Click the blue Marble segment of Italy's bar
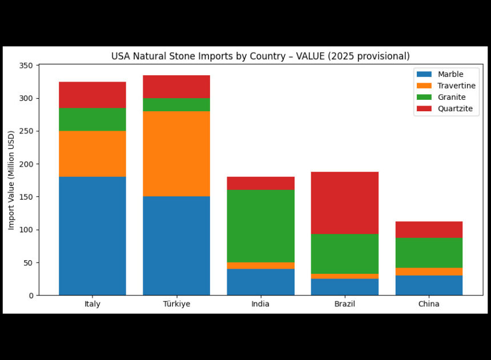(x=92, y=236)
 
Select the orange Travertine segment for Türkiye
(x=176, y=153)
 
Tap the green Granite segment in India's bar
(x=260, y=226)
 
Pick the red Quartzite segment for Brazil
(x=344, y=203)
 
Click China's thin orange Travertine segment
(x=429, y=272)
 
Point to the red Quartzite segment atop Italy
(x=92, y=95)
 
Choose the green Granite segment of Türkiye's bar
(x=176, y=104)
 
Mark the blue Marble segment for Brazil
(x=344, y=287)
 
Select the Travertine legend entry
(x=446, y=86)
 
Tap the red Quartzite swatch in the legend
(x=424, y=108)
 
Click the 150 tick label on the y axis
(x=26, y=197)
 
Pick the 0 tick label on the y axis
(x=31, y=296)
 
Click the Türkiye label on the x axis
(x=176, y=304)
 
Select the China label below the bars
(x=429, y=304)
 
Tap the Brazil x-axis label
(x=345, y=304)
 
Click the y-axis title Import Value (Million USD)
(x=11, y=180)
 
